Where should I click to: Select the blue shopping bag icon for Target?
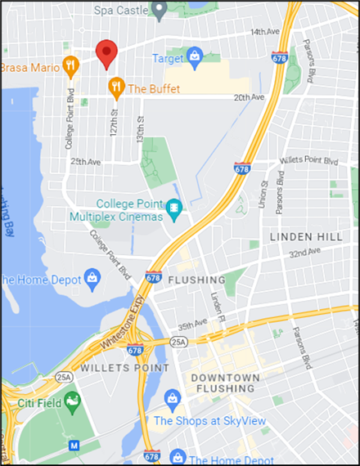195,56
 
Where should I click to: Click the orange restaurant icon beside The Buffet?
116,86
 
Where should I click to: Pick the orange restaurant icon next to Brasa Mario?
71,64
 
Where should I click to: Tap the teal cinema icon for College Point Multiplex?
173,209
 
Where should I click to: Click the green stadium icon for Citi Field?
73,401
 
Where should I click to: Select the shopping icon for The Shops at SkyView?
171,398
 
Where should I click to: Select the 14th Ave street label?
266,32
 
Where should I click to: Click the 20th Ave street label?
249,97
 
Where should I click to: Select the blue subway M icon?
74,446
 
